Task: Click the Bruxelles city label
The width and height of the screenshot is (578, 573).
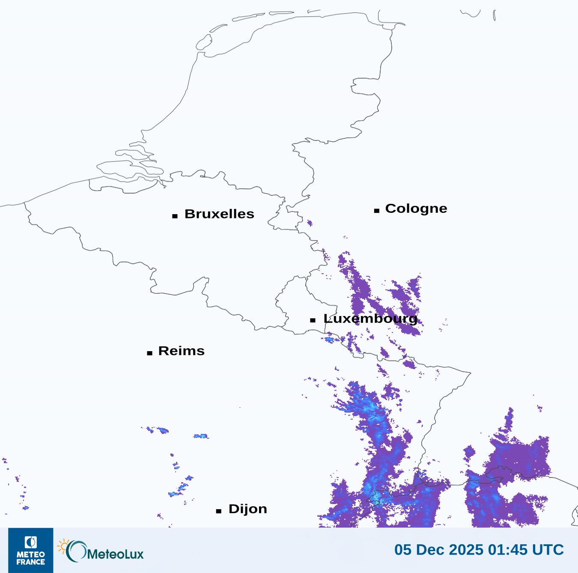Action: tap(219, 214)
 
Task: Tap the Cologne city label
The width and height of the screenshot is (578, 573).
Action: tap(416, 209)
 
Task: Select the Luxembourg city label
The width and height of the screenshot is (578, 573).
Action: tap(370, 319)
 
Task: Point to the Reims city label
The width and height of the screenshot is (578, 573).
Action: tap(181, 351)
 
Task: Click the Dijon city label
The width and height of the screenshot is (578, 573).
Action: tap(247, 509)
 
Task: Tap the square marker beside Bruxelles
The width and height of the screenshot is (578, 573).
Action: tap(175, 216)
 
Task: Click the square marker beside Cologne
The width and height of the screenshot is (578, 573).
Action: tap(377, 210)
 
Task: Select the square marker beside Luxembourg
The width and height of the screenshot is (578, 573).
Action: tap(313, 320)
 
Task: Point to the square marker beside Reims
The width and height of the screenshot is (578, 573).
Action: tap(149, 353)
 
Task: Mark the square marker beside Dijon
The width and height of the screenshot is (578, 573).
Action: tap(219, 511)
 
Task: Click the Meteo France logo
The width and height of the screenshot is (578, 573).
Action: tap(31, 550)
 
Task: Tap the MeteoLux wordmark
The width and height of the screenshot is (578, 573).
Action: tap(115, 554)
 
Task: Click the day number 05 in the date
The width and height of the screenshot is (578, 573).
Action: tap(402, 550)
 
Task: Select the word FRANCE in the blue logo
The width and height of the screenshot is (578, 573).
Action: tap(31, 561)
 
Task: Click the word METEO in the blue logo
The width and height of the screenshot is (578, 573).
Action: tap(31, 555)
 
